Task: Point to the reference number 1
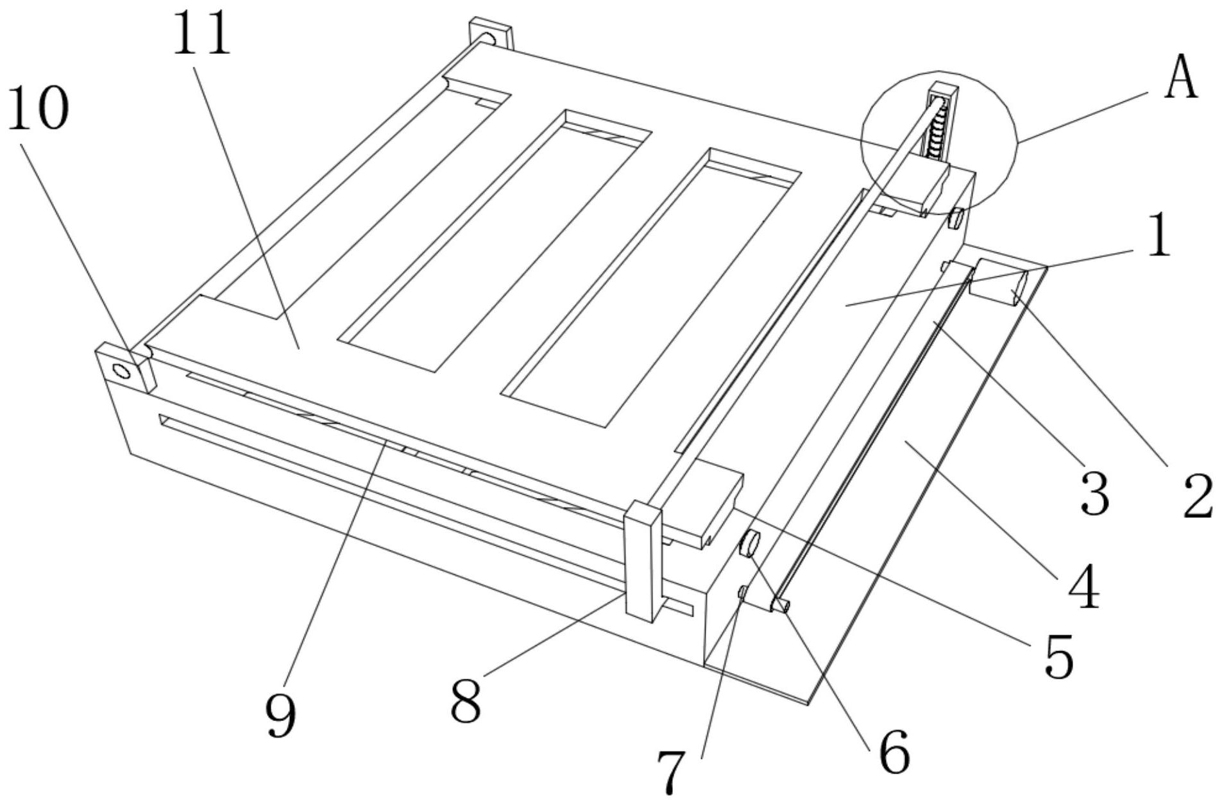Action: [x=1158, y=236]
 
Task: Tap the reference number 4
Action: [x=1083, y=586]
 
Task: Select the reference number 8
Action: [x=466, y=701]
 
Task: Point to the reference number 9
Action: [x=281, y=715]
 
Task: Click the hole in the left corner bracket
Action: [x=120, y=370]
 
